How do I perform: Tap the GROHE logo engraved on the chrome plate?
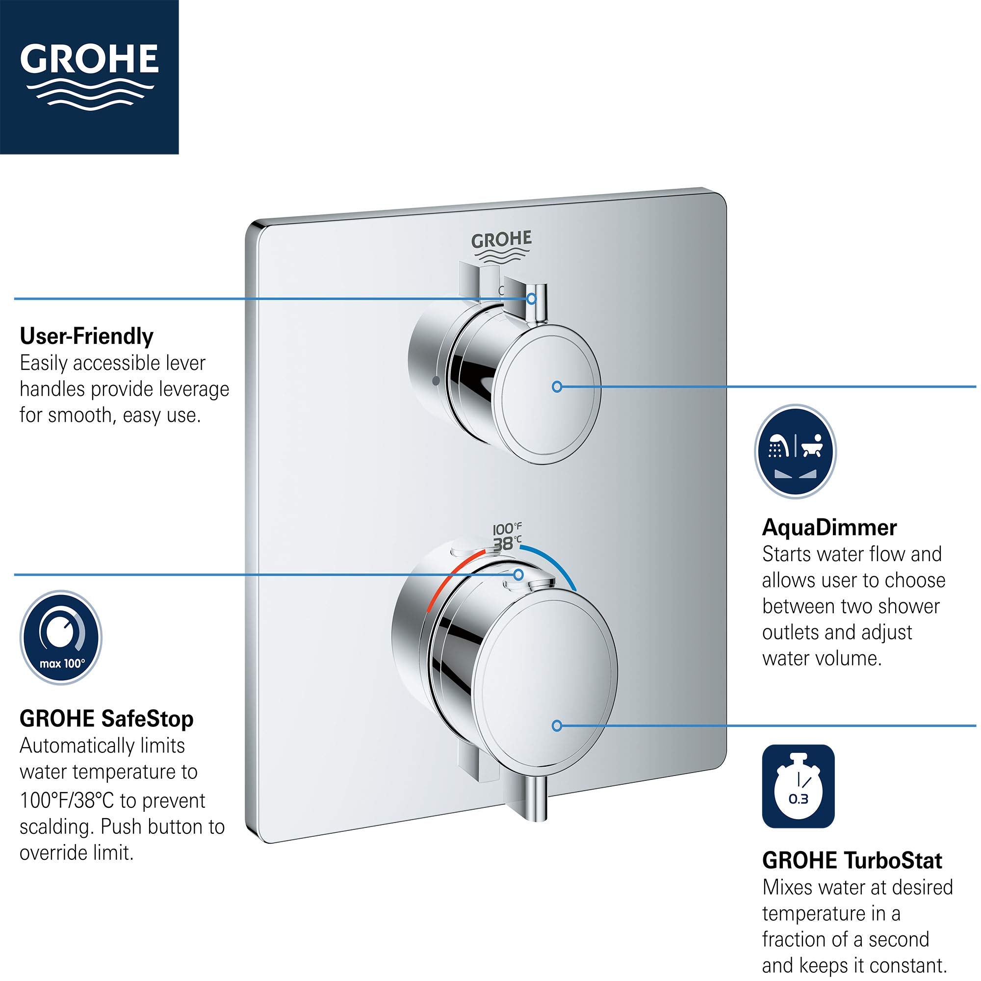point(501,247)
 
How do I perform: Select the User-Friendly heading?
point(86,336)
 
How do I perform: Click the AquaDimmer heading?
point(829,528)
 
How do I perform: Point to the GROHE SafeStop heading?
point(106,719)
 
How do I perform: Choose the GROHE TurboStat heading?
point(852,861)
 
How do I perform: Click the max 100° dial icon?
point(61,638)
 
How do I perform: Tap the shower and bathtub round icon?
point(795,451)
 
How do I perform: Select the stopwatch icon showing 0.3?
point(798,787)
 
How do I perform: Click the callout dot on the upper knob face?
point(557,387)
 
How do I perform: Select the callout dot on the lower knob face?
point(557,726)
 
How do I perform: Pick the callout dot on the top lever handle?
point(531,299)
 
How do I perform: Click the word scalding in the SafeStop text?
point(56,827)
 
